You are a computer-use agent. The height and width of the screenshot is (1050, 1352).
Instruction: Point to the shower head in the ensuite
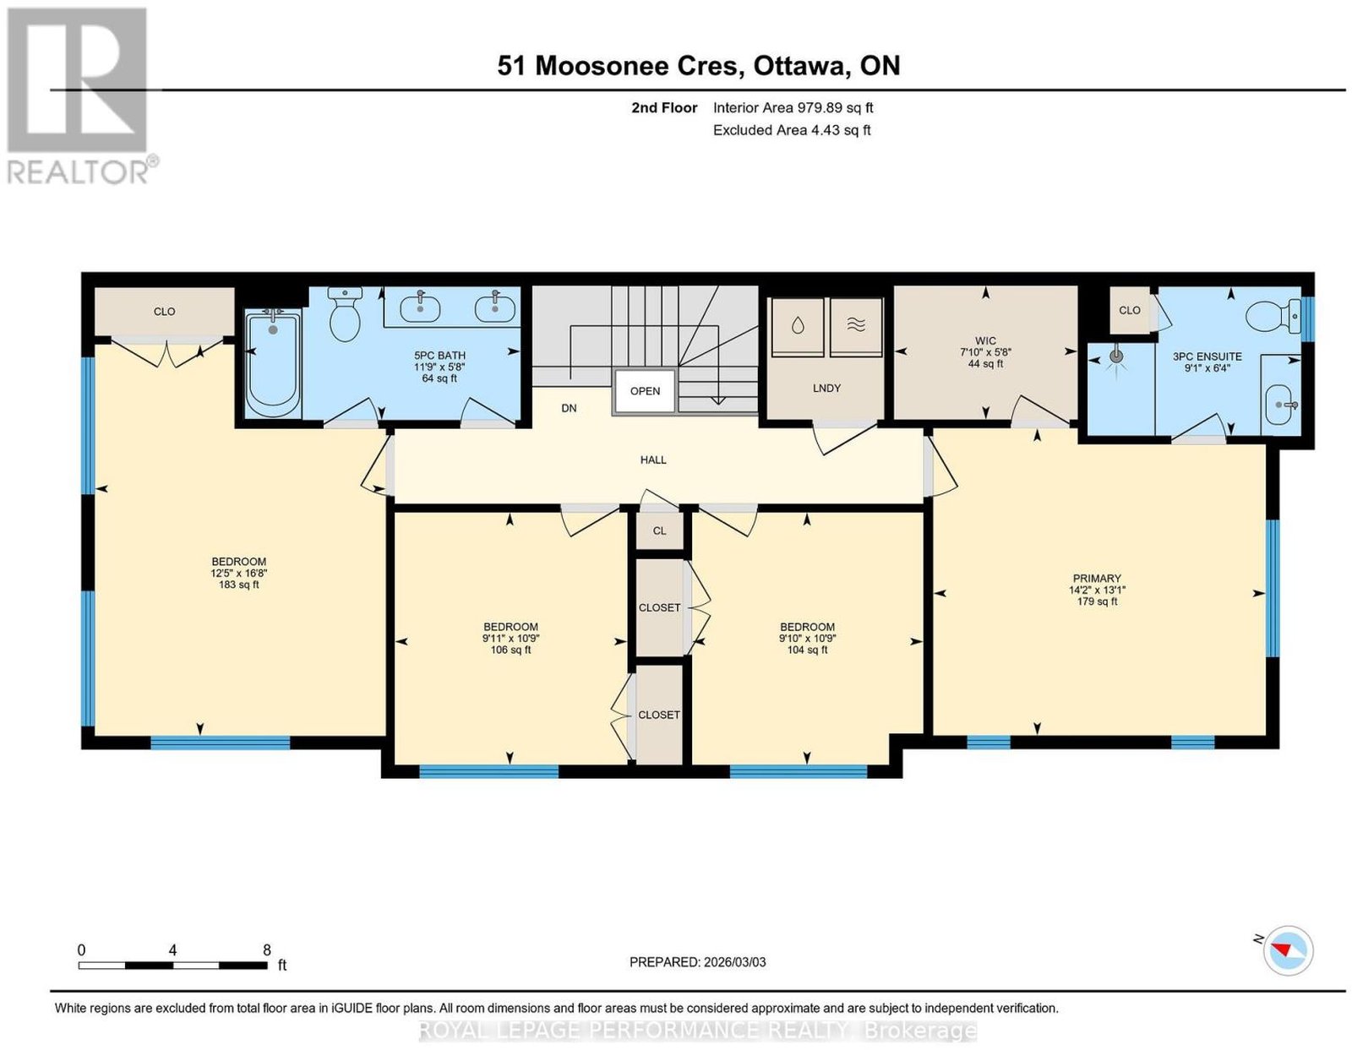point(1117,356)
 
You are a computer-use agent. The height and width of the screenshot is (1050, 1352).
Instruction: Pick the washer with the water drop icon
point(798,326)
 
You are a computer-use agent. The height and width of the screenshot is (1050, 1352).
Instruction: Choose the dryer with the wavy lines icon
point(856,326)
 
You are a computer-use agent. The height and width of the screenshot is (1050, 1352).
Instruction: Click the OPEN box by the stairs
point(645,391)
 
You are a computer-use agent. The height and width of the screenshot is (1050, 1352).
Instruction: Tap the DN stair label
point(569,408)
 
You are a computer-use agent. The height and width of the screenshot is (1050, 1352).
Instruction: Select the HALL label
point(653,460)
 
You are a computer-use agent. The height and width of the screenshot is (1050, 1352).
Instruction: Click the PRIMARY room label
point(1097,578)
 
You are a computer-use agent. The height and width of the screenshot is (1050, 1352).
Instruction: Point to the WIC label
point(985,340)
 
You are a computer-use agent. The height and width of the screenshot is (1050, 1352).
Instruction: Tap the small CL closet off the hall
point(659,530)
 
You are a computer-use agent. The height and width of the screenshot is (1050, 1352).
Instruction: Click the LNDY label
point(827,388)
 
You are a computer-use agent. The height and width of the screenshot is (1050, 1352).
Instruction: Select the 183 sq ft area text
point(239,585)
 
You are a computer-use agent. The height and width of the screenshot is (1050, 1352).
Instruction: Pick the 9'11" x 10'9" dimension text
point(511,638)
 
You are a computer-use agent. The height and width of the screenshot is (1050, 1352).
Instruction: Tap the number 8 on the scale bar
point(266,950)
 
